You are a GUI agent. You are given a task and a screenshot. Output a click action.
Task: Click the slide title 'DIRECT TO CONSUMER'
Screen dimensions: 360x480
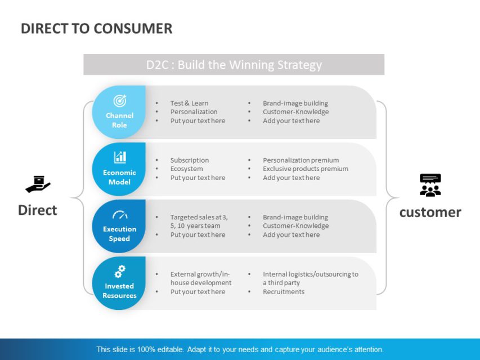pos(96,29)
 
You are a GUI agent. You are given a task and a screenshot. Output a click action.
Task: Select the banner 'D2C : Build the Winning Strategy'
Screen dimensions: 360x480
pos(234,65)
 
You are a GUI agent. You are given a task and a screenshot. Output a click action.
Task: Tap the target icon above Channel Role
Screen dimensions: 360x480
pos(119,101)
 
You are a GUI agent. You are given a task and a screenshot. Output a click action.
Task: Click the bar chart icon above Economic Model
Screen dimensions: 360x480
pos(119,157)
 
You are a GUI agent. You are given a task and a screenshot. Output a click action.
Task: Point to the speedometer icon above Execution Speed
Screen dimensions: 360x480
pos(119,215)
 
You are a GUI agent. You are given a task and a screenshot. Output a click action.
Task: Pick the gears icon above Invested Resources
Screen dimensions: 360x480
pos(119,272)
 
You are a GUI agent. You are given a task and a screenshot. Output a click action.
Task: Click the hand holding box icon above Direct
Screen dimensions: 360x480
pos(38,184)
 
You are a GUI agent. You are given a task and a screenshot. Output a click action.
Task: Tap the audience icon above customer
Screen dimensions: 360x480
pos(430,185)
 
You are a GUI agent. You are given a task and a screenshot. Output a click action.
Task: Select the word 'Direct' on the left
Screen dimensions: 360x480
pos(38,210)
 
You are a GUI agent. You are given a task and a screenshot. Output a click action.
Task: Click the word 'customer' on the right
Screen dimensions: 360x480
pos(430,212)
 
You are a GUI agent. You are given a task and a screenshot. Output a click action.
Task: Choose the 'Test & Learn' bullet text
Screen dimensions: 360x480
pos(189,103)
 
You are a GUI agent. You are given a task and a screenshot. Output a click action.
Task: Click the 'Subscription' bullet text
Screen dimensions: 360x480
pos(189,160)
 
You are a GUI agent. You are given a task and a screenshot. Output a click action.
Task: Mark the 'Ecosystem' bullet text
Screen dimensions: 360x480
pos(186,169)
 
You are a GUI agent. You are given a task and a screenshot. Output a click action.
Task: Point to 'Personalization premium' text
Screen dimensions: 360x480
pos(300,160)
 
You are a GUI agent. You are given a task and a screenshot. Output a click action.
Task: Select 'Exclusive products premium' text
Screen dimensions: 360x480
pos(305,169)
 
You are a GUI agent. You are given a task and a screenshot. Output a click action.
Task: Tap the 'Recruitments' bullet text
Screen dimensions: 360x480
pos(283,292)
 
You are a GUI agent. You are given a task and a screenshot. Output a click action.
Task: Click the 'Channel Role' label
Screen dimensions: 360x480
pos(119,120)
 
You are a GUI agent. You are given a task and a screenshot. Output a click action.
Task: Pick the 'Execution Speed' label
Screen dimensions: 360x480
pos(119,234)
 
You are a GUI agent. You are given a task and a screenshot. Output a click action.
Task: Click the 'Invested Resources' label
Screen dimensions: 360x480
pos(119,291)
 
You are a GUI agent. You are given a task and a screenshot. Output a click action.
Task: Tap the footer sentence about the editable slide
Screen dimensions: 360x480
pos(240,349)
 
